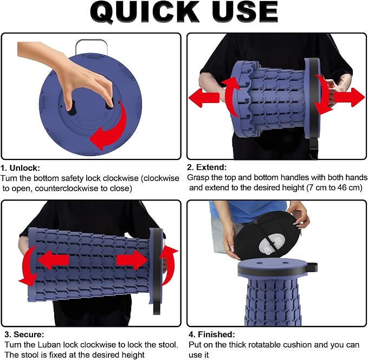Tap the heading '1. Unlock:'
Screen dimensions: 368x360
21,168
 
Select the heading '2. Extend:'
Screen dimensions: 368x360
207,167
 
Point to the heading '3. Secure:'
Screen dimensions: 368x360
24,334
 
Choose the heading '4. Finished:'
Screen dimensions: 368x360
212,334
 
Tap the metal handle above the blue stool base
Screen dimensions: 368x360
91,46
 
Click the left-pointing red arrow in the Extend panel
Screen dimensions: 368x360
204,98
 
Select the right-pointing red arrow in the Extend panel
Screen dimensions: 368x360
349,97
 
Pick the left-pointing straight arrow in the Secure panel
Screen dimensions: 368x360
54,260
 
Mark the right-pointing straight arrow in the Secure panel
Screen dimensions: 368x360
132,260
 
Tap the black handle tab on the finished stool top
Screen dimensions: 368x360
312,267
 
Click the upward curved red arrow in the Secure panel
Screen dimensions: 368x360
168,265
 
